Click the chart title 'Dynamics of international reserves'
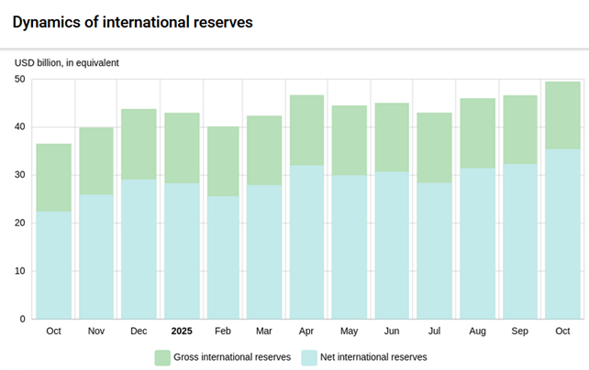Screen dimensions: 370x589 (x=132, y=20)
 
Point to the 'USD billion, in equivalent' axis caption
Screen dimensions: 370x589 (x=66, y=63)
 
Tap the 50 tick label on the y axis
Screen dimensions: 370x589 (x=19, y=80)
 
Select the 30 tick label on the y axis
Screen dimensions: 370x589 (x=19, y=175)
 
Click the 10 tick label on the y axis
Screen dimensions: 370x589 (x=19, y=271)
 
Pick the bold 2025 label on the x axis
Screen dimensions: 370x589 (x=182, y=331)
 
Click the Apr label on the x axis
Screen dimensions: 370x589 (x=306, y=331)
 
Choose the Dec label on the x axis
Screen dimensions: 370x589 (x=139, y=331)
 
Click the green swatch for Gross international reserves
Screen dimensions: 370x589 (x=162, y=357)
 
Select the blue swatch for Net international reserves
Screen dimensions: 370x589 (x=309, y=357)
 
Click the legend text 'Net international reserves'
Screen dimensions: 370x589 (x=373, y=357)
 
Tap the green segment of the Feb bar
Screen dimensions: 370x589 (x=223, y=161)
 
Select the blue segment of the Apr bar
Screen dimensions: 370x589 (x=307, y=242)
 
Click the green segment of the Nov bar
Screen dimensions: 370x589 (x=96, y=161)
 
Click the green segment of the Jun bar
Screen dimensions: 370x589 (x=392, y=137)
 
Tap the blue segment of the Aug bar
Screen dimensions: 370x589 (x=477, y=243)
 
